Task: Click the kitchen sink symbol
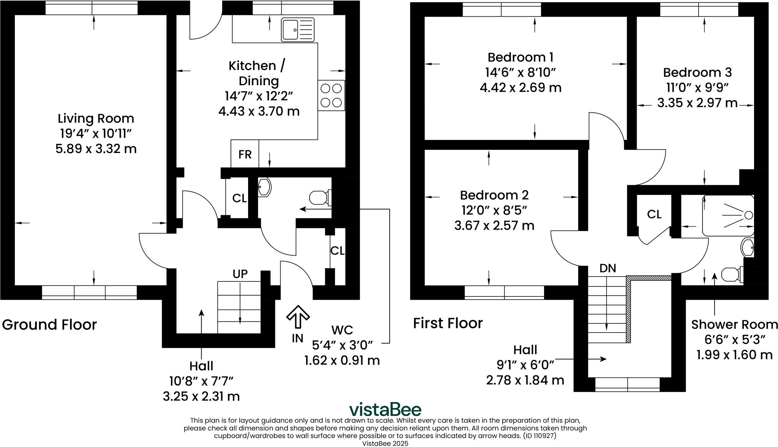click(297, 29)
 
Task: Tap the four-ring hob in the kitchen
click(331, 95)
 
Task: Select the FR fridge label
click(245, 154)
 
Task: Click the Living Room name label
click(96, 118)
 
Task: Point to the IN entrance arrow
click(298, 317)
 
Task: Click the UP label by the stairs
click(240, 274)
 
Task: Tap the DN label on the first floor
click(607, 268)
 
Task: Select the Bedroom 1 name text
click(520, 57)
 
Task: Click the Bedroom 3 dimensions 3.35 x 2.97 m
click(697, 103)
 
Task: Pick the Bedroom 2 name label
click(494, 195)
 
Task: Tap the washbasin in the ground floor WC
click(264, 187)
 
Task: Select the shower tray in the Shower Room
click(728, 216)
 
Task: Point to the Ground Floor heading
click(49, 325)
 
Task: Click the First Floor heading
click(448, 323)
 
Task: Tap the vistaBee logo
click(385, 409)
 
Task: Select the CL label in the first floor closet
click(654, 214)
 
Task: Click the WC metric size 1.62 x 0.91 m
click(342, 360)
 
